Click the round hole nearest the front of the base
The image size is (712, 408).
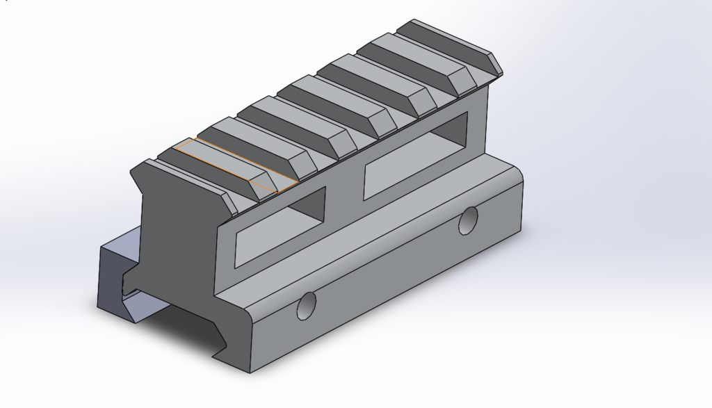pyautogui.click(x=306, y=305)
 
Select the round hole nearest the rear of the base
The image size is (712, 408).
pyautogui.click(x=469, y=220)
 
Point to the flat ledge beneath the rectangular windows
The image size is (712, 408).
pyautogui.click(x=362, y=229)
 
